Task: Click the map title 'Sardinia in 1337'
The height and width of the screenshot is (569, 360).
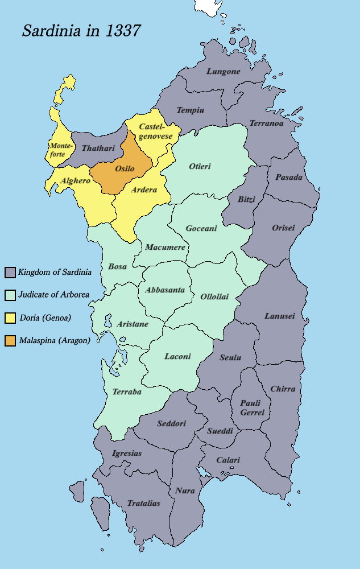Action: point(81,31)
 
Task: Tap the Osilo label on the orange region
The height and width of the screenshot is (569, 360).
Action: point(125,170)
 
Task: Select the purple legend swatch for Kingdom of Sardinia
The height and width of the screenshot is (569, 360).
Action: point(10,272)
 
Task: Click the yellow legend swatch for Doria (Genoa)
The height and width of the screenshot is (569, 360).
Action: point(10,318)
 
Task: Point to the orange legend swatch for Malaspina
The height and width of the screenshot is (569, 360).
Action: point(10,340)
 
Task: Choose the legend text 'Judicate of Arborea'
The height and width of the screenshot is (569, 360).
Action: point(53,295)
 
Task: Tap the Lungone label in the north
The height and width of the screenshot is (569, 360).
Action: point(224,72)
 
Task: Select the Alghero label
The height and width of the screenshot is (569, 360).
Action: point(76,180)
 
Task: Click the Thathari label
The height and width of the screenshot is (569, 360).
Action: point(98,148)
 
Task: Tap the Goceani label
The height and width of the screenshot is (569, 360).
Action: point(201,228)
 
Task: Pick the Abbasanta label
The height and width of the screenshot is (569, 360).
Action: point(165,290)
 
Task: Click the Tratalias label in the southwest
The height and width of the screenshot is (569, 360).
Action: point(143,503)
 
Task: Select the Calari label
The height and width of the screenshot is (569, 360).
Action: point(228,460)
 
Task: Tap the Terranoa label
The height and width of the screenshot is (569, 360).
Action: point(266,124)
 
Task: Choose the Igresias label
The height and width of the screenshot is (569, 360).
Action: point(127,453)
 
